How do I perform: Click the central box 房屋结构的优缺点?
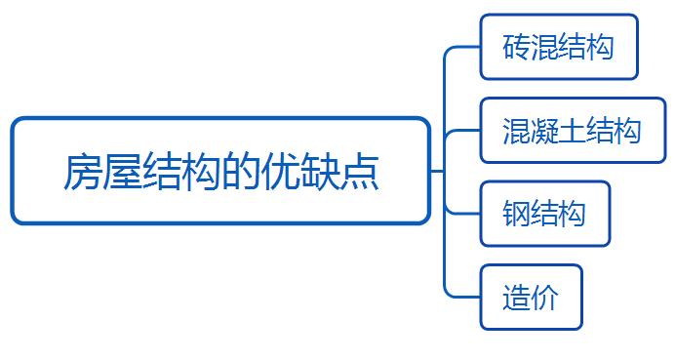[220, 171]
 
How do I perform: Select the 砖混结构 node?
[559, 47]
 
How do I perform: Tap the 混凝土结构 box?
[573, 131]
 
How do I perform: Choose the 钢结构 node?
[545, 214]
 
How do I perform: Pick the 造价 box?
[532, 298]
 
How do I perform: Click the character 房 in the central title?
[82, 172]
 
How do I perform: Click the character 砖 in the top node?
[516, 47]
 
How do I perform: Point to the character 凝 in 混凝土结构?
[544, 131]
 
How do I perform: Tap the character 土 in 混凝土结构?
[572, 131]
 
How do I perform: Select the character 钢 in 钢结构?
[516, 214]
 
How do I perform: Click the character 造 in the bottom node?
[516, 298]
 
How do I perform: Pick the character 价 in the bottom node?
[544, 298]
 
